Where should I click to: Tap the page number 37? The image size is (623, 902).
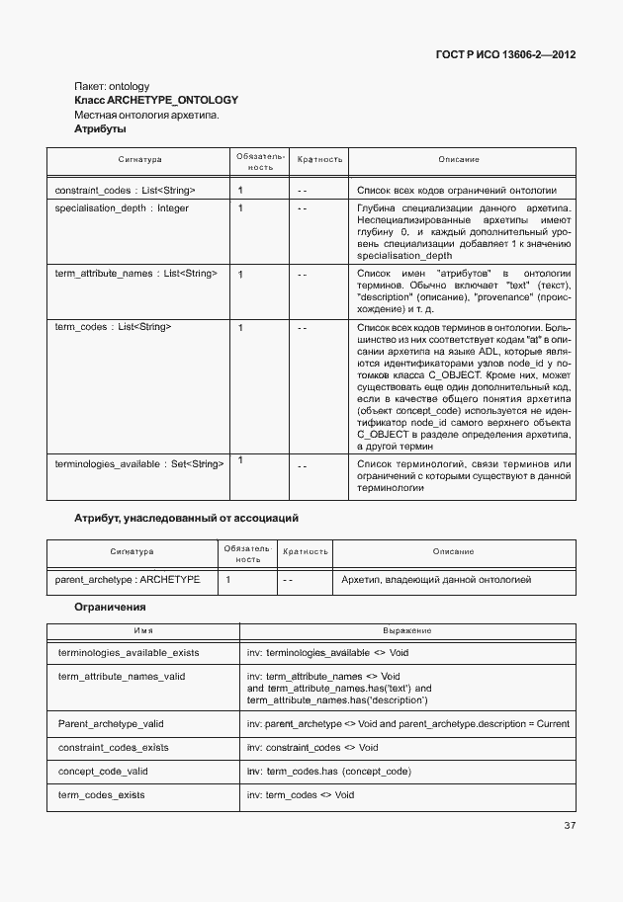(570, 825)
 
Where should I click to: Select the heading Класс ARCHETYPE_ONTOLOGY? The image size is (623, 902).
(156, 101)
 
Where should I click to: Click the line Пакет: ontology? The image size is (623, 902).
(112, 86)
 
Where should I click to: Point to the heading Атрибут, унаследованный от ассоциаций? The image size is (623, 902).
(187, 518)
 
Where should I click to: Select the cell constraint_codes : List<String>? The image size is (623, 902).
(125, 190)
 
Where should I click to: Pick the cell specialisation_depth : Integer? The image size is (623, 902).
(122, 208)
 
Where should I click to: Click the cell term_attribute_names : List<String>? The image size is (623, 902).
(135, 273)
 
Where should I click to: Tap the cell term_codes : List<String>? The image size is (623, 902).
(113, 326)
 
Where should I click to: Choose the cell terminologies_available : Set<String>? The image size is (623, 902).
(138, 462)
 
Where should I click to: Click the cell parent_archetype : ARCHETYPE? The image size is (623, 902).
(128, 580)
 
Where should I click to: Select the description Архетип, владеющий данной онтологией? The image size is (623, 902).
(435, 580)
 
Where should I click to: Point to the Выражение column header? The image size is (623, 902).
(406, 630)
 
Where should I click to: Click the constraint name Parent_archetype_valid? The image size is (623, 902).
(111, 724)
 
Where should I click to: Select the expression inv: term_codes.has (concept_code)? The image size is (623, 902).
(329, 771)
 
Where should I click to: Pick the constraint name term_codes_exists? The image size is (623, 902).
(102, 794)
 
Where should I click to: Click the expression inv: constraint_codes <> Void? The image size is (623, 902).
(312, 748)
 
